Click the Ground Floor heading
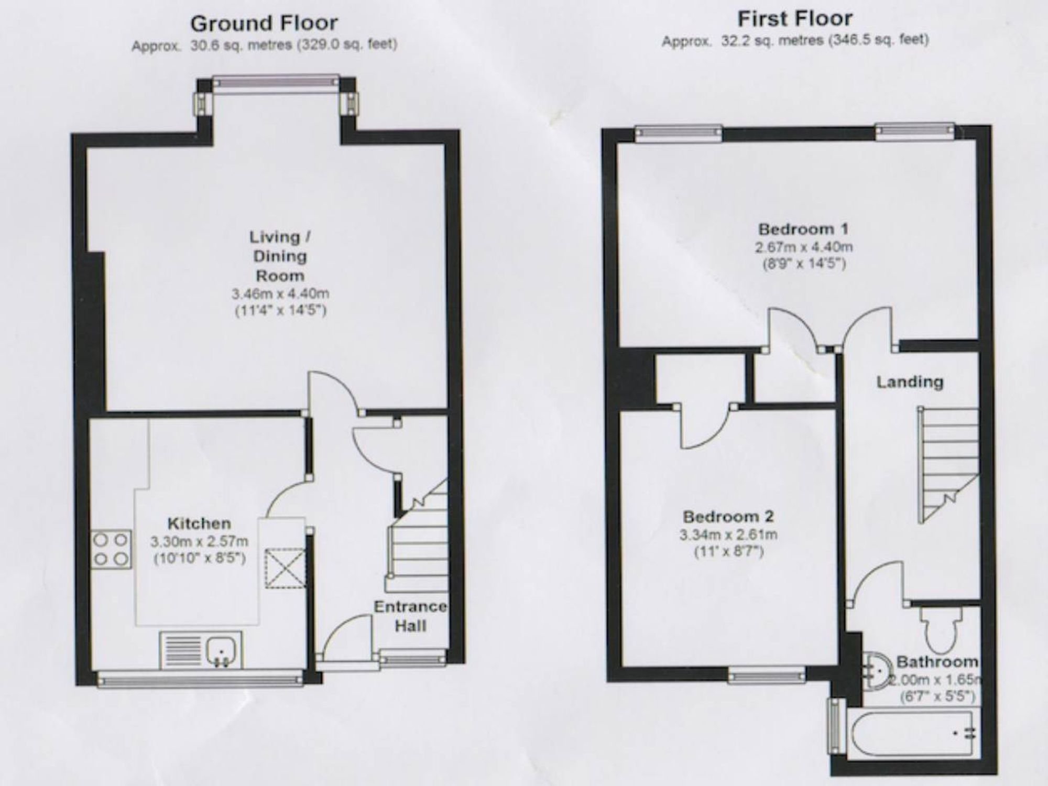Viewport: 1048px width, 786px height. click(264, 24)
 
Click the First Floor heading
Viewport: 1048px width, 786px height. click(795, 19)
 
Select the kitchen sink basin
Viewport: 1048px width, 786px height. click(224, 651)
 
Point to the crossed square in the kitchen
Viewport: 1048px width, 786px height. click(285, 568)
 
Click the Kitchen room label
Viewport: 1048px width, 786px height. click(199, 523)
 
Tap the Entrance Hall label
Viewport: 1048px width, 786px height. click(410, 616)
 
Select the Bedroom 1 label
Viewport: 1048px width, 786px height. click(803, 229)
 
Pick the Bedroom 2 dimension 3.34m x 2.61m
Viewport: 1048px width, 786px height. click(728, 535)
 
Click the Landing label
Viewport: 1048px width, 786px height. click(910, 382)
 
